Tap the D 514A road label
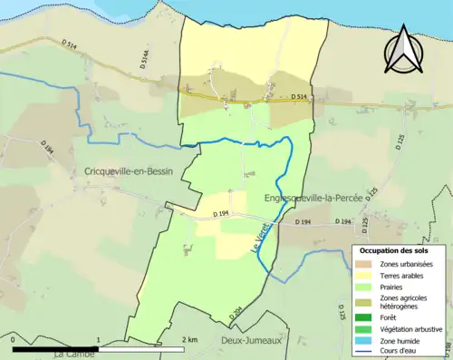pos(143,60)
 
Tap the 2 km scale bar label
pos(188,339)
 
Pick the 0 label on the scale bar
pos(15,339)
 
